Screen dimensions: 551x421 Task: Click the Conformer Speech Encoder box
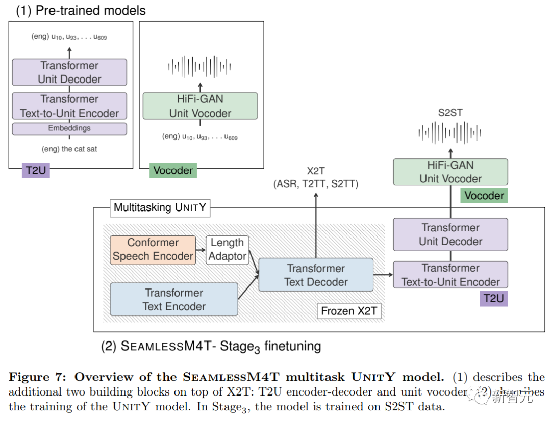pos(153,250)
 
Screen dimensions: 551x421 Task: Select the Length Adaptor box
pos(228,250)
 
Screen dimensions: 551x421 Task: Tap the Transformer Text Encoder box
pos(174,300)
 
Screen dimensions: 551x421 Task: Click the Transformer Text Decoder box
pos(316,275)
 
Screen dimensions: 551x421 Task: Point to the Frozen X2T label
pos(349,311)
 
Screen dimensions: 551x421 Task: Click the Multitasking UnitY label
pos(160,208)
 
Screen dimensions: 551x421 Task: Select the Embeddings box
pos(69,128)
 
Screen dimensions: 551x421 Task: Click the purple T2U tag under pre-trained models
pos(36,170)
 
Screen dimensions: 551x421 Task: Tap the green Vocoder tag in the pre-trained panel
pos(173,170)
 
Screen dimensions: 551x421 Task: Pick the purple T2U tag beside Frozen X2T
pos(494,299)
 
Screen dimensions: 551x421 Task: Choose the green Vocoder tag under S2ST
pos(484,196)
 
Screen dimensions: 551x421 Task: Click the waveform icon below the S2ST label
pos(450,133)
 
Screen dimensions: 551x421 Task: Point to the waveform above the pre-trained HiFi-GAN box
pos(199,66)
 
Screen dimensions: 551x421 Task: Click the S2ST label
pos(450,113)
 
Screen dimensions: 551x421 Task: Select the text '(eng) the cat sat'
pos(69,149)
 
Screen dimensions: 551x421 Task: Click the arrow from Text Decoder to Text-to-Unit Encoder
pos(383,275)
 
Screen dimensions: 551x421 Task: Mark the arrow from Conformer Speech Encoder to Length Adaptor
pos(201,250)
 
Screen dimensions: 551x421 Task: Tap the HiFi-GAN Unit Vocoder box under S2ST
pos(450,172)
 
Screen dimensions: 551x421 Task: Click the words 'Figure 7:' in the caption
pos(38,377)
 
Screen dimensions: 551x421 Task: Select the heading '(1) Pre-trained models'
pos(81,11)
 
